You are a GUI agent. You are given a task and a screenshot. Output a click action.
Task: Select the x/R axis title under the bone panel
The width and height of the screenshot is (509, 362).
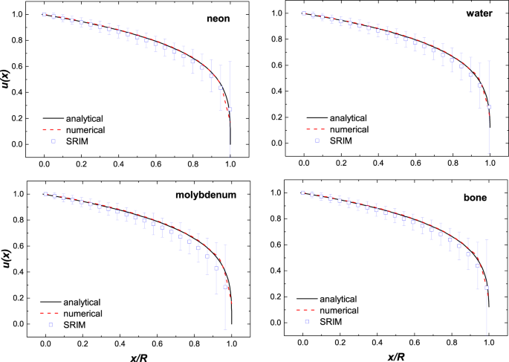coord(395,355)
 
